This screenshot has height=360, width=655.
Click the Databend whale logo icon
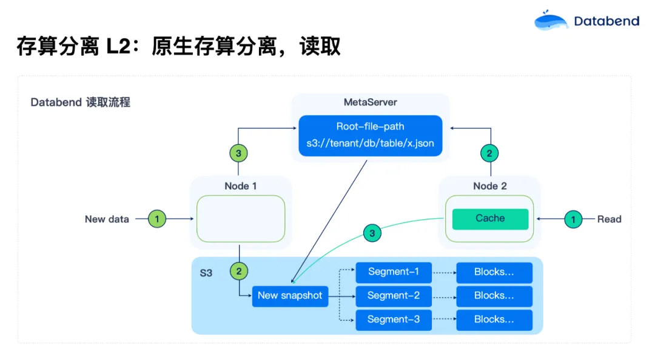coord(551,21)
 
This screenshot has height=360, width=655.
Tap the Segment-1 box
coord(394,272)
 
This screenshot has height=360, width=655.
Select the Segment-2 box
coord(394,296)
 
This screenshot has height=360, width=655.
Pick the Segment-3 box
coord(394,319)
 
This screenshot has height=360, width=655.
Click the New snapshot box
coord(290,296)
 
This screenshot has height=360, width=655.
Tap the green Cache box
coord(490,219)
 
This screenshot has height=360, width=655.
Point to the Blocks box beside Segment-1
coord(494,272)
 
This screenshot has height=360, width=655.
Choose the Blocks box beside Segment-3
coord(494,319)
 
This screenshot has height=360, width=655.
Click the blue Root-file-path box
coord(371,136)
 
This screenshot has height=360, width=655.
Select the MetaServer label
coord(371,102)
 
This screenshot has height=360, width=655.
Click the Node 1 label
coord(240,186)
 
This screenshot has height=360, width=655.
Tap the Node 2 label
coord(490,186)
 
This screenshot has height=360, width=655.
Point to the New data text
coord(107,219)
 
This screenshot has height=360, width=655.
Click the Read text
coord(609,219)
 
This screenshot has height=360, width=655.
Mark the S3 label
coord(206,273)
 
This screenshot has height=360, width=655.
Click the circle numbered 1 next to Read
coord(573,219)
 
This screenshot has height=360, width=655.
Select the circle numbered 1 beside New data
coord(157,219)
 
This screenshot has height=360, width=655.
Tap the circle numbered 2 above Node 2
coord(489,153)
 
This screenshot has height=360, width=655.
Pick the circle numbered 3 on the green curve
coord(372,233)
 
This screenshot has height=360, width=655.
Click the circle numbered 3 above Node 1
coord(238,153)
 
